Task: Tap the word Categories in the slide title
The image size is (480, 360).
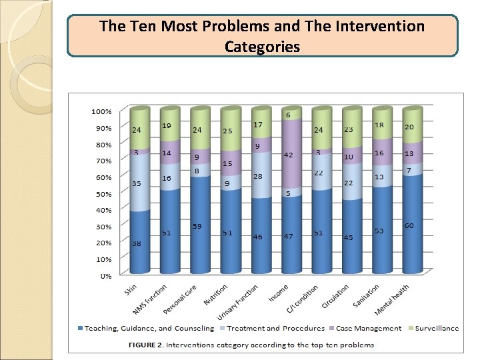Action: [262, 47]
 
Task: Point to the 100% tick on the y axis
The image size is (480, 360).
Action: [101, 111]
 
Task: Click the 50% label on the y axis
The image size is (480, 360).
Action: [103, 193]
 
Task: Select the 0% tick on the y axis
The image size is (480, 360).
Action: [105, 275]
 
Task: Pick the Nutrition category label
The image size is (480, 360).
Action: [215, 295]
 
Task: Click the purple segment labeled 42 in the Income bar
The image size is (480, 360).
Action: [289, 155]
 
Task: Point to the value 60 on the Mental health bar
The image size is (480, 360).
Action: [409, 226]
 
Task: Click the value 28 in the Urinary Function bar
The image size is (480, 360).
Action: [258, 175]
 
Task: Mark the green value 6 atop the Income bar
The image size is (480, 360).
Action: [288, 115]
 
